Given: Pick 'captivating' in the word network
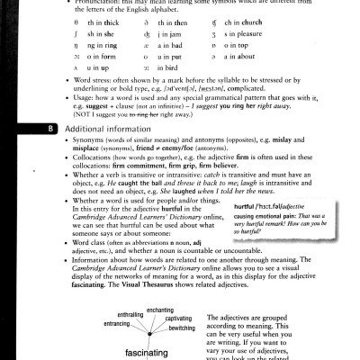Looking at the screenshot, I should click(178, 318).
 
